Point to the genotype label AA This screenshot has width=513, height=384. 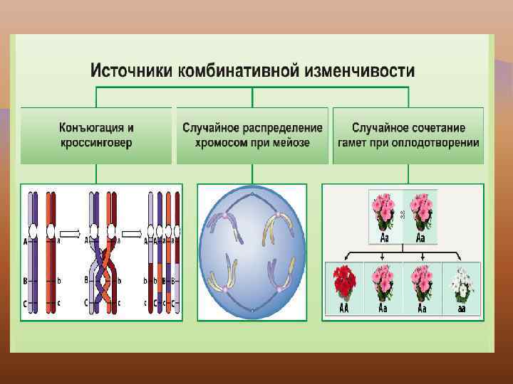click(x=343, y=308)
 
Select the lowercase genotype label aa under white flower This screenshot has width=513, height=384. click(x=462, y=308)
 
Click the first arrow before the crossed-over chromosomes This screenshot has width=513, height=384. click(x=70, y=233)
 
